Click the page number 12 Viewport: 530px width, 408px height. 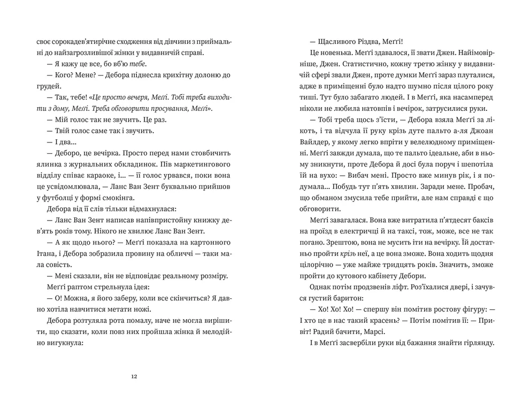point(134,376)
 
